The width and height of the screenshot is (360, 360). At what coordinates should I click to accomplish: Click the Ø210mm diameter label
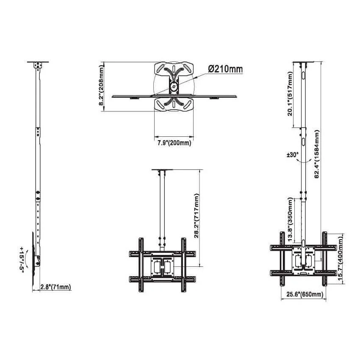225,69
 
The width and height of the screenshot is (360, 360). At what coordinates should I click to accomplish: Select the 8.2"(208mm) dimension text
102,85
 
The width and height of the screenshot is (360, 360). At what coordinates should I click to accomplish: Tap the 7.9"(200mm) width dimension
174,143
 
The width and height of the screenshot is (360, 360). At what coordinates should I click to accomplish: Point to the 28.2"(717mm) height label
197,216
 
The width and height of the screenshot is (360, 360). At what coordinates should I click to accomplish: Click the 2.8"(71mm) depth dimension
56,287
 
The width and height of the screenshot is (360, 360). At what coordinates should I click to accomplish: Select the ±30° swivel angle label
293,155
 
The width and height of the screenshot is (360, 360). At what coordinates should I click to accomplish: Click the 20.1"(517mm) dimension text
290,94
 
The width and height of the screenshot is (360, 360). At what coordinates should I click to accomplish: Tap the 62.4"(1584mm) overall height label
317,154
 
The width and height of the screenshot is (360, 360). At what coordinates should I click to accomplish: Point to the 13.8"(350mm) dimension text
290,219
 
